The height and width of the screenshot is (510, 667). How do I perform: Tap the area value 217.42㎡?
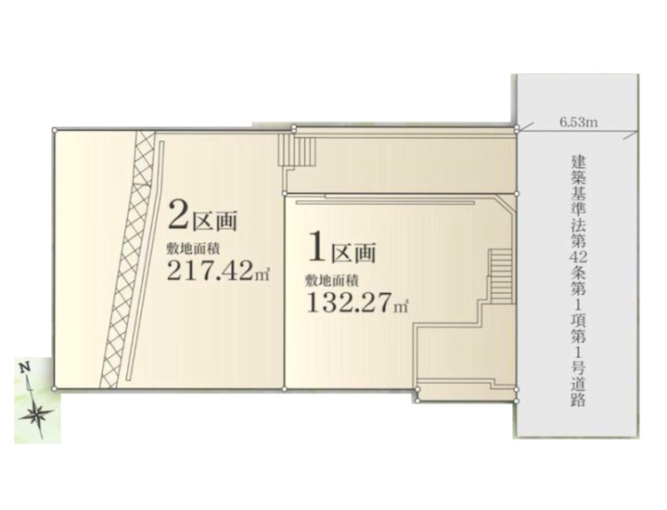click(x=219, y=270)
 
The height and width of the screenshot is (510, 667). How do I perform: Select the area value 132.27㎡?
click(x=357, y=302)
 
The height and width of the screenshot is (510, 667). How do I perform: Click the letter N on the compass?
click(x=26, y=366)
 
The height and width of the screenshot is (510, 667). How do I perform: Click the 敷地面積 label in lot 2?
click(x=193, y=248)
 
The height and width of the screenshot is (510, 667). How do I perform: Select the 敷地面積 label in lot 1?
click(x=331, y=281)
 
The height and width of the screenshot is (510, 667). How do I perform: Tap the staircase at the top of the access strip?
click(x=298, y=149)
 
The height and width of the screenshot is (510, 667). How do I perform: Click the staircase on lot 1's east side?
click(x=500, y=276)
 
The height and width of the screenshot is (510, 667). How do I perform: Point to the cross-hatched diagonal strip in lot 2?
click(x=128, y=259)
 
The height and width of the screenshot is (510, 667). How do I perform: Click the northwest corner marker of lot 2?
click(x=54, y=129)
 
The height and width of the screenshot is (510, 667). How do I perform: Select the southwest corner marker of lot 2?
click(x=53, y=389)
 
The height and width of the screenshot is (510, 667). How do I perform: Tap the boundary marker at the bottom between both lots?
click(x=284, y=389)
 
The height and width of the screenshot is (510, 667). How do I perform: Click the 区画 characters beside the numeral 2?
click(x=215, y=220)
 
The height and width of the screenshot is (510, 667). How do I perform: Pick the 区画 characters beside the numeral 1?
click(x=354, y=252)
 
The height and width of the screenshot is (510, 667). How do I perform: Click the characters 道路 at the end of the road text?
click(x=579, y=394)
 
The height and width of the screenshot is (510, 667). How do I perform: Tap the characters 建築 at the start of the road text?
click(x=579, y=170)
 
